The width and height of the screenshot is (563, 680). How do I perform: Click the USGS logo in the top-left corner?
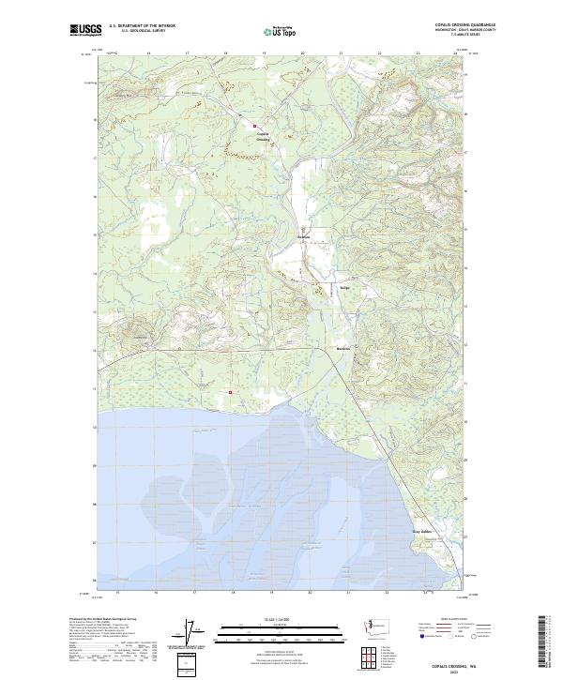coord(86,30)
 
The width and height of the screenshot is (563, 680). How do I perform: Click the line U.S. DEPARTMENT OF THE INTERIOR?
coord(142,26)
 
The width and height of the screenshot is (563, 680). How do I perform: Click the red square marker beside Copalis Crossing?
coord(253,124)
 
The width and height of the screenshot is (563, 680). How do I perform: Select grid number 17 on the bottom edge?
coord(194,593)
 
